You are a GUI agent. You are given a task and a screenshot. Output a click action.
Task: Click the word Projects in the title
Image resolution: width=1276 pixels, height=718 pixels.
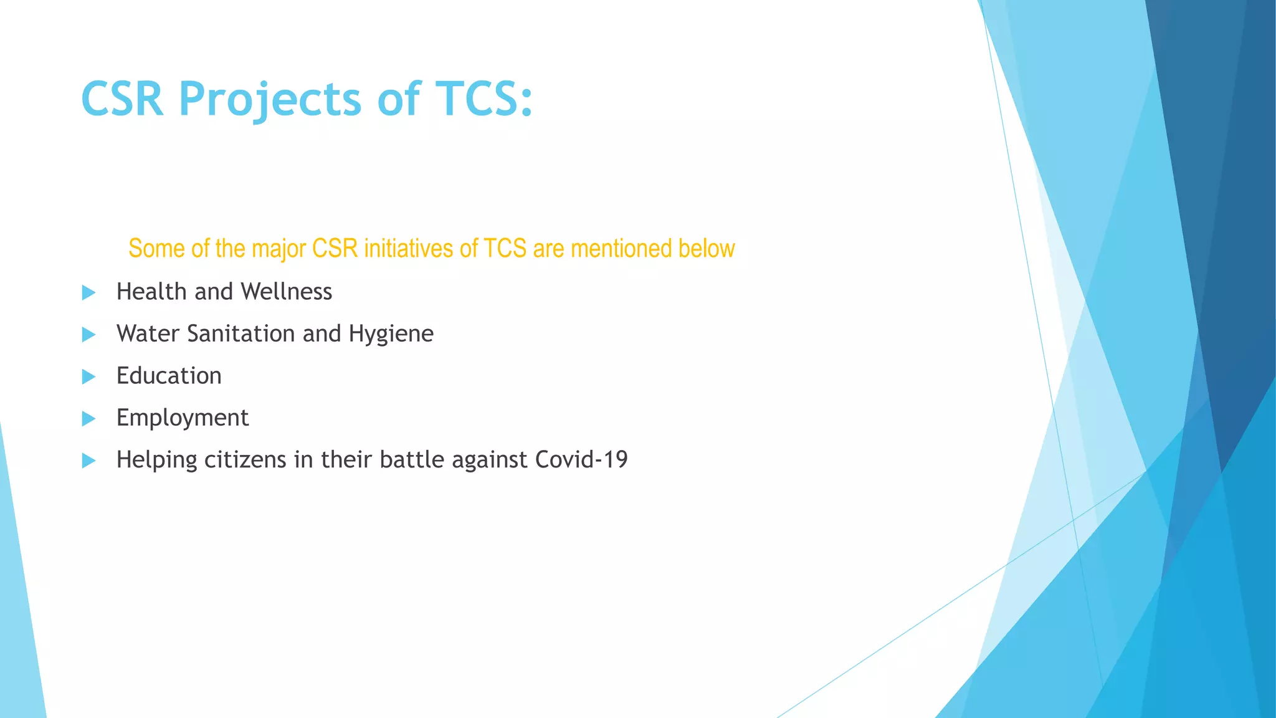269,100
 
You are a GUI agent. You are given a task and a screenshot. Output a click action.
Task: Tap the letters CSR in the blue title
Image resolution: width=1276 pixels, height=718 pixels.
122,100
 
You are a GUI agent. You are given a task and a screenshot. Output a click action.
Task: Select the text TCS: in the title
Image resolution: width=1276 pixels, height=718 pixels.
483,100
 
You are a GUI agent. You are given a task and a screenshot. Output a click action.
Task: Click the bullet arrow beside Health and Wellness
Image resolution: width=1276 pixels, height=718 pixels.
88,292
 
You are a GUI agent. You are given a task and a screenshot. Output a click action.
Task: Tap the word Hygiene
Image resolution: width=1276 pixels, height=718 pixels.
391,335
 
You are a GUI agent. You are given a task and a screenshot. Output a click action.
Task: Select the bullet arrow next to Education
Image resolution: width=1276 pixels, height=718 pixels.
88,376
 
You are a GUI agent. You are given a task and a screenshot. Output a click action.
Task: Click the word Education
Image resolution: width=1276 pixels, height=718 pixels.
169,376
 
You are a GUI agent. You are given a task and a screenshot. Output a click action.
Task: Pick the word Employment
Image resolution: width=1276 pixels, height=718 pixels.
183,418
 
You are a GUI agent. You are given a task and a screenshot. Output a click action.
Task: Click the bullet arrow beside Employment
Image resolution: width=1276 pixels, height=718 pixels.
88,419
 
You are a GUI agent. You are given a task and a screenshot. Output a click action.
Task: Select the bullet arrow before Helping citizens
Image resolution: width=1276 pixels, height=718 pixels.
88,461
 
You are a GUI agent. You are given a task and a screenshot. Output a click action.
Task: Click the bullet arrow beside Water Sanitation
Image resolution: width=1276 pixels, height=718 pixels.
88,335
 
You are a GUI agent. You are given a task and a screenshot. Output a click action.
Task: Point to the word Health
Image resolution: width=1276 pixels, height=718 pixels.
151,292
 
